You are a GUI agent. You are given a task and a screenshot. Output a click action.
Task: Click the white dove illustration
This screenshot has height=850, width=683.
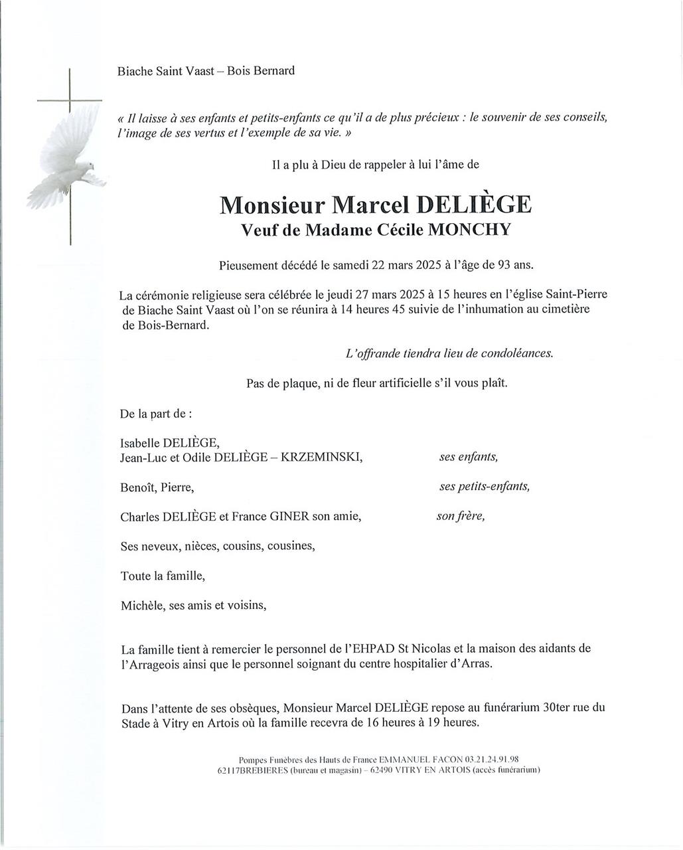(x=66, y=159)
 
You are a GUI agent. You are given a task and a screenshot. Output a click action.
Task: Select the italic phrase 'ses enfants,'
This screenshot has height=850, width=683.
(x=469, y=457)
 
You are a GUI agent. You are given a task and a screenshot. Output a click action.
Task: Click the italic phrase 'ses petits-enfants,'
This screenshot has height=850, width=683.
(x=485, y=486)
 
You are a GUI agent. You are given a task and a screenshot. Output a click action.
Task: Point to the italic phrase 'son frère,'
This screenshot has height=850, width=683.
(x=461, y=516)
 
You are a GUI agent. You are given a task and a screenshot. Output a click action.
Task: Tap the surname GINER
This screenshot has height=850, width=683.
(x=288, y=517)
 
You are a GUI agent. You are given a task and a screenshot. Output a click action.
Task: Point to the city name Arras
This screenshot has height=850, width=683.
(x=477, y=664)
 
